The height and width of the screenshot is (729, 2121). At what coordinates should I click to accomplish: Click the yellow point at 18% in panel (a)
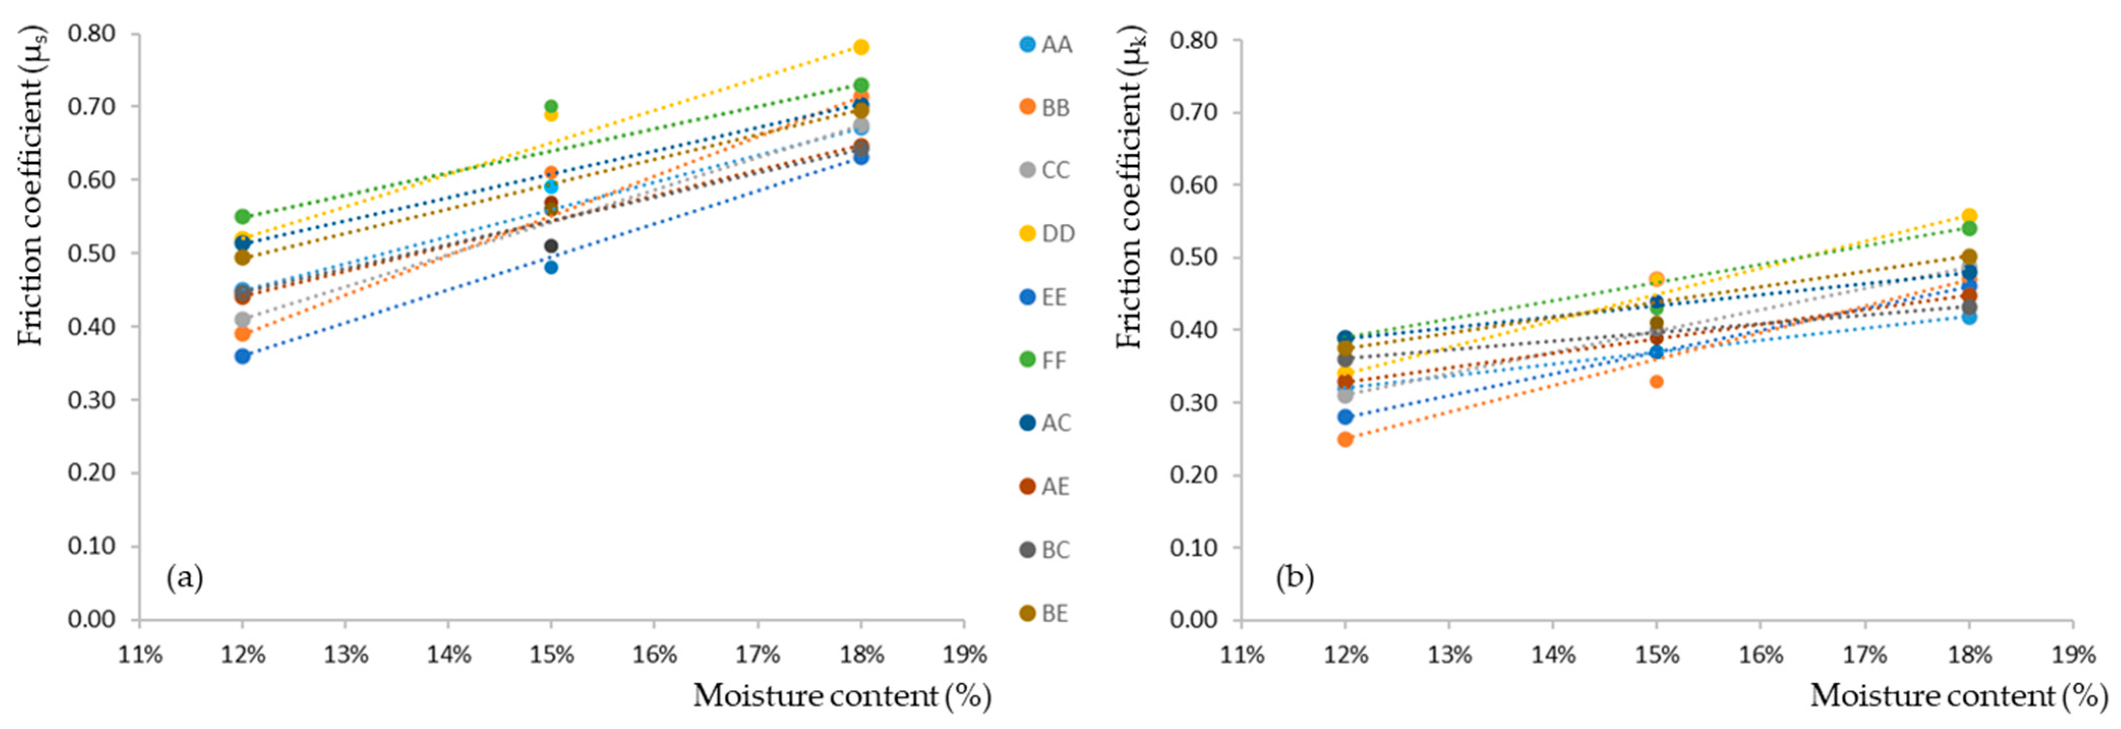pos(861,47)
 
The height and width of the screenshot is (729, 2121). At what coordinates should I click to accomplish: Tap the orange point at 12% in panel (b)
pos(1345,438)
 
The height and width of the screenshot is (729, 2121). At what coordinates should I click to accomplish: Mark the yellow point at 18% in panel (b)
pos(1969,215)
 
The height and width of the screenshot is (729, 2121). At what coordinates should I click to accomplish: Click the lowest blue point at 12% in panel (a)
pos(242,356)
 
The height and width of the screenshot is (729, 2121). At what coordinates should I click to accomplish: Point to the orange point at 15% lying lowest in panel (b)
pos(1657,381)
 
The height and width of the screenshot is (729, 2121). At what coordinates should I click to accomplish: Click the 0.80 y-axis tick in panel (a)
pos(92,34)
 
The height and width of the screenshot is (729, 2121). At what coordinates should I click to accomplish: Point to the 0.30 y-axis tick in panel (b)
pos(1193,402)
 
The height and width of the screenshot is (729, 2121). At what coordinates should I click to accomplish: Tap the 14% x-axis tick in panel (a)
pos(448,655)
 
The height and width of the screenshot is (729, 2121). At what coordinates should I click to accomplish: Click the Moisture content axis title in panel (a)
pos(841,696)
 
